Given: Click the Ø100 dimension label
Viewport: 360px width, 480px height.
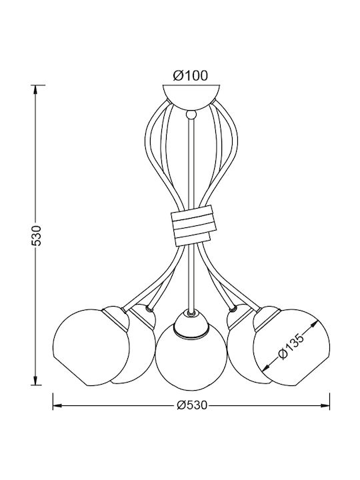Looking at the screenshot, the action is pos(191,75).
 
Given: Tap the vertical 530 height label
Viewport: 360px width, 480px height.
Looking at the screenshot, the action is pos(37,235).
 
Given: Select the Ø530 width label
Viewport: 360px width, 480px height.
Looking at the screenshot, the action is pos(192,405).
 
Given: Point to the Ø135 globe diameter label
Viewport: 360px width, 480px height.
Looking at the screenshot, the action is pos(291,347).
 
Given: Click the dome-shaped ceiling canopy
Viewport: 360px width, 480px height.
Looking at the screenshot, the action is pos(191,96).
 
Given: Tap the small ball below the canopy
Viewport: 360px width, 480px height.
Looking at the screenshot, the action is pos(191,115).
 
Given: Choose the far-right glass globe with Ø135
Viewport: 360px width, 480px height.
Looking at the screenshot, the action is pos(292,347).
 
